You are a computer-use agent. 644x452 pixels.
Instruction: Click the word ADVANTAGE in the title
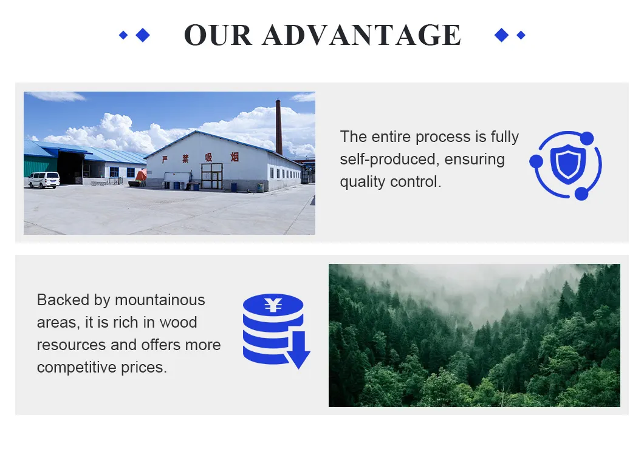click(x=362, y=35)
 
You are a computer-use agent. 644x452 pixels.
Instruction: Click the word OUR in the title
click(x=218, y=35)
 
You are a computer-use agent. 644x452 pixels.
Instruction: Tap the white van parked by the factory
click(x=44, y=180)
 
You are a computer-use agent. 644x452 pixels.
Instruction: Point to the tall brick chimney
click(x=279, y=127)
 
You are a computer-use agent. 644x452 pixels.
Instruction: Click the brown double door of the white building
click(x=212, y=176)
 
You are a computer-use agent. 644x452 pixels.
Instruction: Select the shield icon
click(x=568, y=164)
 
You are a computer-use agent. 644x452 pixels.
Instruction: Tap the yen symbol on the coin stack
click(x=273, y=305)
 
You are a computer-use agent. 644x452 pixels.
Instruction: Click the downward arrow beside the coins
click(x=298, y=350)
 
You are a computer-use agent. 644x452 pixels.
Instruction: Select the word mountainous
click(x=160, y=300)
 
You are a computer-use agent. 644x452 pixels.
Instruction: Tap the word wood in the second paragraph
click(x=178, y=322)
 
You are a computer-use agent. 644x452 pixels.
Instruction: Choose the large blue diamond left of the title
click(x=143, y=35)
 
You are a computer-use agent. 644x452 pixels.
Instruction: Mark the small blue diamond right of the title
click(x=521, y=35)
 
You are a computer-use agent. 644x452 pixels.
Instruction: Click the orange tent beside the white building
click(x=142, y=175)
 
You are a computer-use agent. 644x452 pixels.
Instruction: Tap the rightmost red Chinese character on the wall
click(x=235, y=157)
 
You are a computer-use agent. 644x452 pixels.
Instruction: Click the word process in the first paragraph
click(x=443, y=137)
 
